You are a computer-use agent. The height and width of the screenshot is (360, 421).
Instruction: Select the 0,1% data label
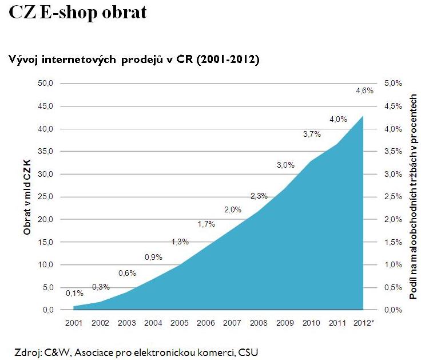(x=74, y=293)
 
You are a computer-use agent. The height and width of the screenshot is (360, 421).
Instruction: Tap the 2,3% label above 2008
(x=259, y=196)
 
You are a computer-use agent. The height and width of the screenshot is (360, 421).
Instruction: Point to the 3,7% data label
(x=312, y=134)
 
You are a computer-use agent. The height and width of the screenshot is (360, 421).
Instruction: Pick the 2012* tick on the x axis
(x=364, y=322)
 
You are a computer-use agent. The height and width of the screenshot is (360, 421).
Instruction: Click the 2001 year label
(x=74, y=322)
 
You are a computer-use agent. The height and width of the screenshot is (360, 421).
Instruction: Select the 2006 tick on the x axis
(x=206, y=322)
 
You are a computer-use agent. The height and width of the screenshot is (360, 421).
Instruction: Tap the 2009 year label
(x=285, y=322)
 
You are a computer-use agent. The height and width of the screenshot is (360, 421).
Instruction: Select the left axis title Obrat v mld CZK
(x=27, y=197)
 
